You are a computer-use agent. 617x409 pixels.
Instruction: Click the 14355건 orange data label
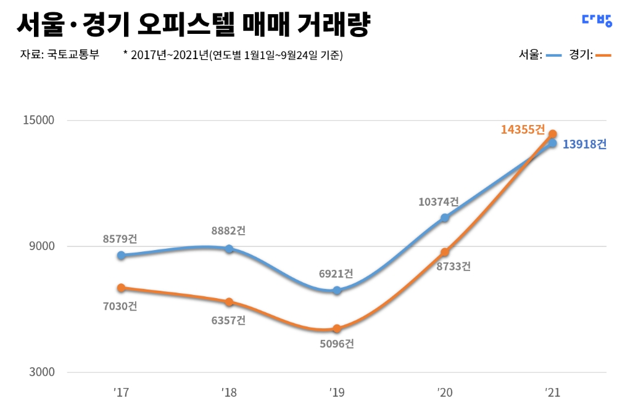click(x=523, y=129)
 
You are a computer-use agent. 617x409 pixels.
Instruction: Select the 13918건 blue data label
click(x=584, y=144)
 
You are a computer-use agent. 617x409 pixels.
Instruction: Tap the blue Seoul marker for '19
click(x=337, y=290)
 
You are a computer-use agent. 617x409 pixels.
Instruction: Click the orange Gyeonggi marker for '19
click(x=337, y=329)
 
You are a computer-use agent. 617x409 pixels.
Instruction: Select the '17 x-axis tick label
click(x=120, y=392)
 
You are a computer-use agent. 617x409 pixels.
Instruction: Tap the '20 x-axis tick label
click(x=445, y=392)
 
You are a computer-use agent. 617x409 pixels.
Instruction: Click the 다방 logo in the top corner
click(x=597, y=20)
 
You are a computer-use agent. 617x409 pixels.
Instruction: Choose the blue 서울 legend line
click(x=553, y=55)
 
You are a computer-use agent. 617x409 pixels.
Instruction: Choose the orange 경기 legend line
click(x=603, y=55)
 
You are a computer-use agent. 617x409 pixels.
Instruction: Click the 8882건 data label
click(x=228, y=231)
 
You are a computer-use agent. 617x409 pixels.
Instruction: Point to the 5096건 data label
click(x=336, y=344)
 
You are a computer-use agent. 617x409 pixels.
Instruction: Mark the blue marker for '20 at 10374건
click(x=445, y=217)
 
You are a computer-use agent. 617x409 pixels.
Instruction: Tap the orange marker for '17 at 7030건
click(x=121, y=288)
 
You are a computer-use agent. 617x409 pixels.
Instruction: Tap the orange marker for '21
click(x=553, y=134)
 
